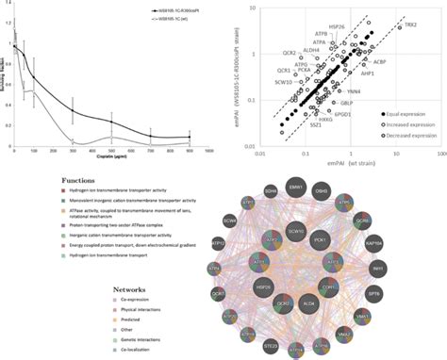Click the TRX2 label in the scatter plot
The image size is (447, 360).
(410, 25)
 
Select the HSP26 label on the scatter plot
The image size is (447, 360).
(333, 25)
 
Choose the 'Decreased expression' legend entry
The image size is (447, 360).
(396, 138)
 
